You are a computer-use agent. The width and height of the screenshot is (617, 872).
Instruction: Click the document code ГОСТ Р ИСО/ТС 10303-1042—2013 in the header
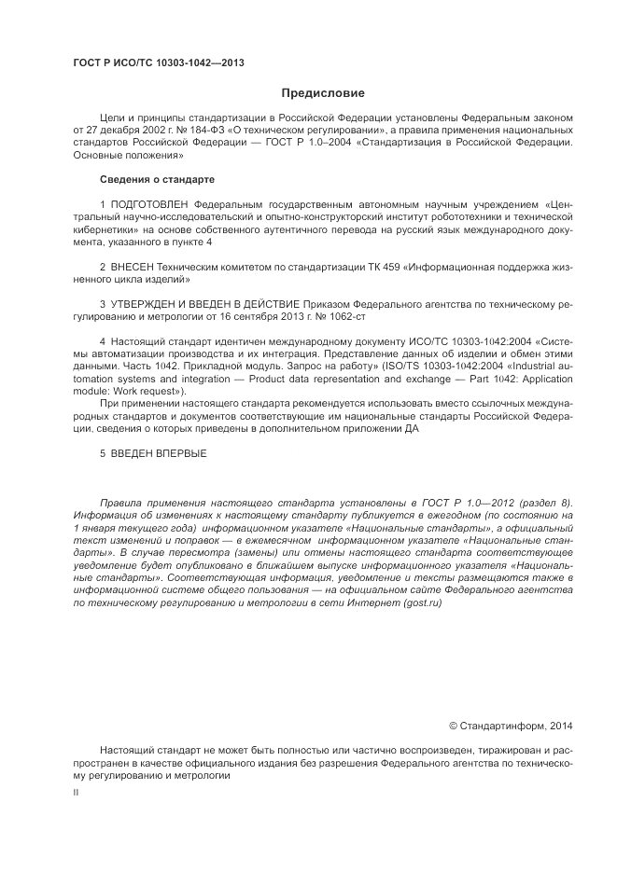[159, 63]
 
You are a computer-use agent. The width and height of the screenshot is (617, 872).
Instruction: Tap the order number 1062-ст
[325, 317]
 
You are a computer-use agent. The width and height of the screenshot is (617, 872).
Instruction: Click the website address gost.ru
[421, 602]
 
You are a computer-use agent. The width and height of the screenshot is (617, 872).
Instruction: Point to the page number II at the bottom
[77, 791]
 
